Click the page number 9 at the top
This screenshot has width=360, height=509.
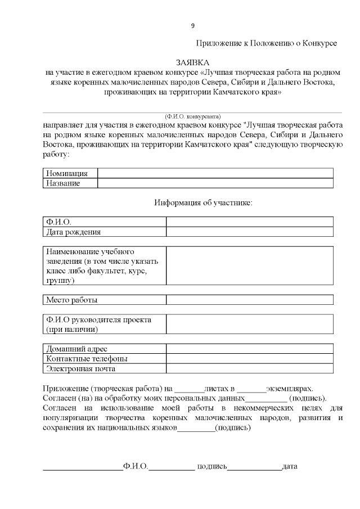(x=193, y=26)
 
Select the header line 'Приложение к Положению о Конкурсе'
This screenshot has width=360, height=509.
(x=266, y=43)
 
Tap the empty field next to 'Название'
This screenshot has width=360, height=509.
(x=215, y=183)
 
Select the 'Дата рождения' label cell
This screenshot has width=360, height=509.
(x=74, y=232)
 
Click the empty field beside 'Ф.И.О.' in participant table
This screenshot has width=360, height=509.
(x=249, y=222)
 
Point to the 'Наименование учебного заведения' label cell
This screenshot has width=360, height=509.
(x=103, y=265)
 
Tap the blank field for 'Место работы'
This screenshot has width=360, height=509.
(x=249, y=300)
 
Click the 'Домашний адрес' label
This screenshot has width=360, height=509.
(x=76, y=349)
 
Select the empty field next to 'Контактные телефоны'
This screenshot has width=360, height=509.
(x=249, y=358)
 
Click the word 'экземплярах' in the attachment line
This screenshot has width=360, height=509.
(x=289, y=389)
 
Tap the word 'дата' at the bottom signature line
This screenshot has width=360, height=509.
(x=290, y=467)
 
